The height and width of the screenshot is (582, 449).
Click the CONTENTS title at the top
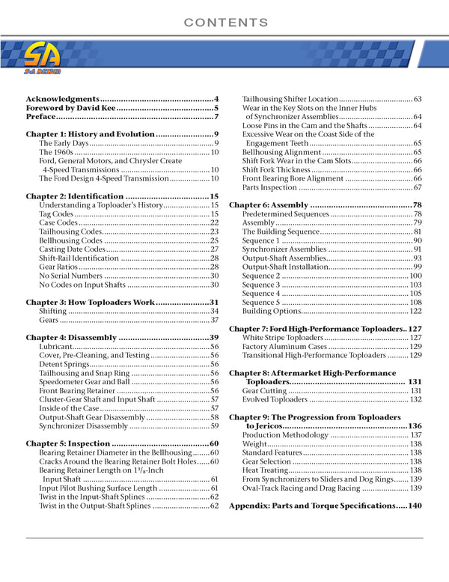click(226, 23)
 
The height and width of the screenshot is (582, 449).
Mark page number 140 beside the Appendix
click(415, 506)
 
